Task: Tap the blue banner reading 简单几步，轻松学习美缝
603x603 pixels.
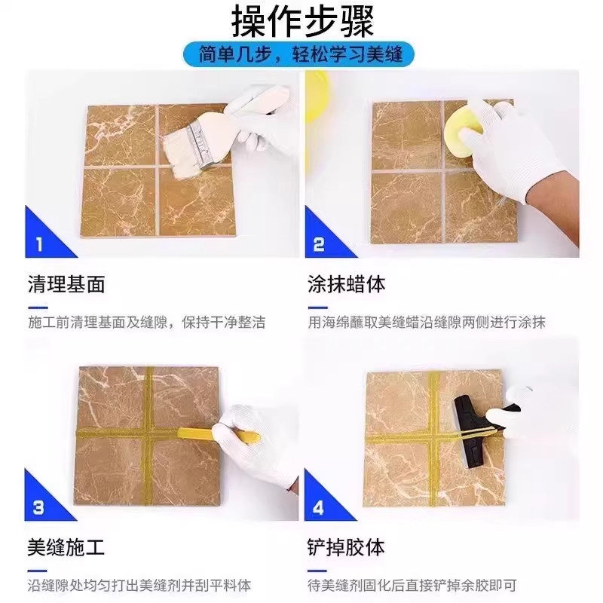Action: click(301, 55)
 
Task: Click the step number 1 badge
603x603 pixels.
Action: click(40, 243)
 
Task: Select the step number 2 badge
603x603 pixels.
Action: click(319, 243)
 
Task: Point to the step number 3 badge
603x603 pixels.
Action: click(40, 507)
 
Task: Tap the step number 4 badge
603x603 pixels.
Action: click(319, 507)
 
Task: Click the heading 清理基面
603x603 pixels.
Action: click(66, 284)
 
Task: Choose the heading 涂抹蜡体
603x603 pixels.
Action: click(347, 284)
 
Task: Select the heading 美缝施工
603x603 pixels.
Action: click(66, 546)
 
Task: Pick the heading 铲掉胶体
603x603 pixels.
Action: click(347, 546)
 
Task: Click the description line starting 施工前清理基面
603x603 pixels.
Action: click(146, 322)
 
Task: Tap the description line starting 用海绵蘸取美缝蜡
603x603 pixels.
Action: click(427, 322)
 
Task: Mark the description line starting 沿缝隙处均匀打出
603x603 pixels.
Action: click(139, 585)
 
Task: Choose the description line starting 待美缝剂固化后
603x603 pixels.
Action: click(412, 585)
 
